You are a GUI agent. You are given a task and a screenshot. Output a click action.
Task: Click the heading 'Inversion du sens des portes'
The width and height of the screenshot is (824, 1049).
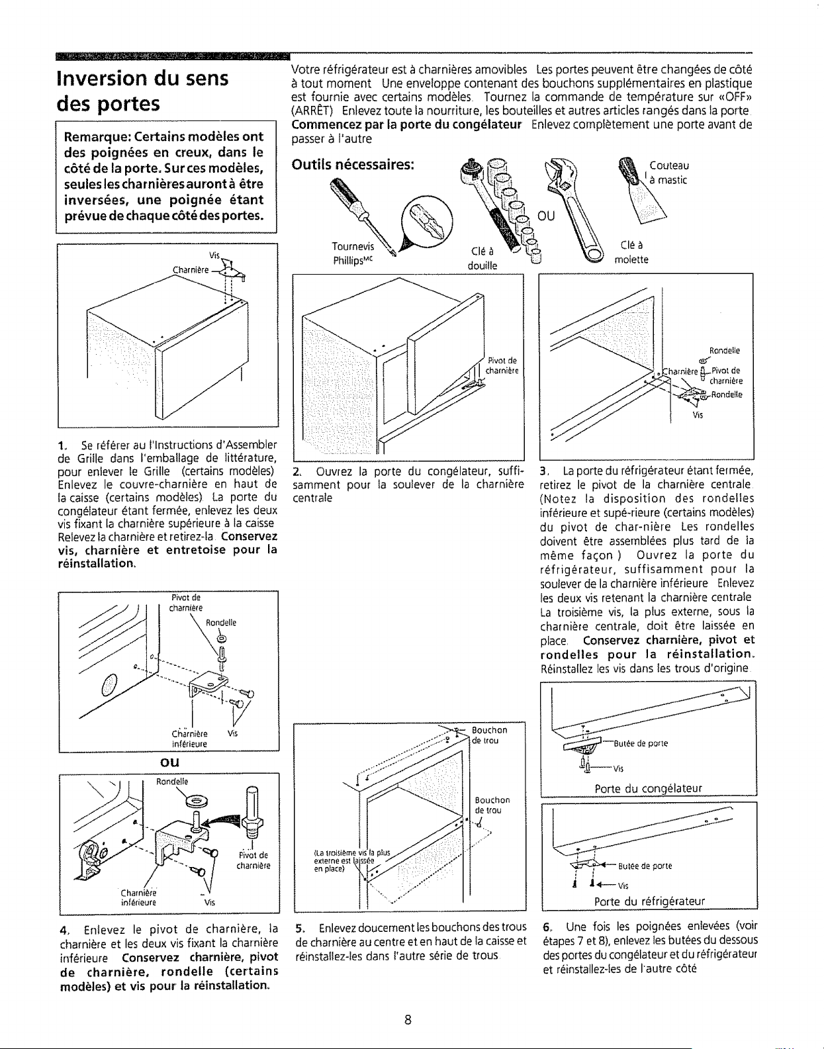point(142,91)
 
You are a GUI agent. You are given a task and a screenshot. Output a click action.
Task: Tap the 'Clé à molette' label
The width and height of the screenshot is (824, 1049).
point(631,252)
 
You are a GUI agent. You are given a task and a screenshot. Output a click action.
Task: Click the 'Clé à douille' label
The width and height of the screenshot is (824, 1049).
point(482,258)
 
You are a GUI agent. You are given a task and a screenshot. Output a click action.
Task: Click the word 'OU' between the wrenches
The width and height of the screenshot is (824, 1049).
point(546,216)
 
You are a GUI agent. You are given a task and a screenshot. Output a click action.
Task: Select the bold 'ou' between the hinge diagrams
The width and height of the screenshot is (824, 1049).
point(169,762)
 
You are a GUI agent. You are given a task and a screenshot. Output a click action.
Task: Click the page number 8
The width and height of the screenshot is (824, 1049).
point(408,1020)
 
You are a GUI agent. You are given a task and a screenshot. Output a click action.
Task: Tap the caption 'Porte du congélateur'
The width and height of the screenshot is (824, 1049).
point(649,788)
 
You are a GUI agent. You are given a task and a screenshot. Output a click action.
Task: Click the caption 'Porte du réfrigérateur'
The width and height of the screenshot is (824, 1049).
point(649,901)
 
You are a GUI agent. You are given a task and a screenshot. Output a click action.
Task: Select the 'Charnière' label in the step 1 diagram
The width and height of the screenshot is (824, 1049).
point(190,269)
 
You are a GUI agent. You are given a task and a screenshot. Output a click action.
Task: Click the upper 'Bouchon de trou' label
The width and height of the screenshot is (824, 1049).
point(490,735)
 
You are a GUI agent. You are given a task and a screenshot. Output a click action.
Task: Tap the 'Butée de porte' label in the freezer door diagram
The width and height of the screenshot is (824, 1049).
point(641,743)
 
